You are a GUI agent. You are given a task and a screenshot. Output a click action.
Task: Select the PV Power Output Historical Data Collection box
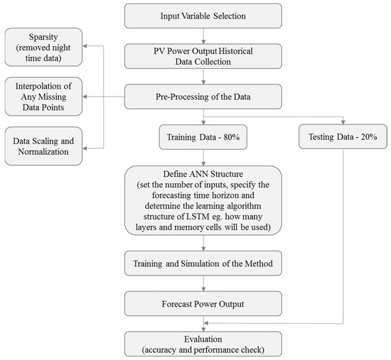coord(203,55)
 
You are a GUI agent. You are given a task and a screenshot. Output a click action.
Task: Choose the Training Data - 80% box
coord(203,135)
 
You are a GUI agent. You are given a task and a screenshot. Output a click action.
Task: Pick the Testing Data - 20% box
coord(343,135)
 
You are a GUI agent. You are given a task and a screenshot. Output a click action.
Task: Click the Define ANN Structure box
coord(203,201)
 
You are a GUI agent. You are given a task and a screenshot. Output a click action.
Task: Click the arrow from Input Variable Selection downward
coord(203,36)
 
